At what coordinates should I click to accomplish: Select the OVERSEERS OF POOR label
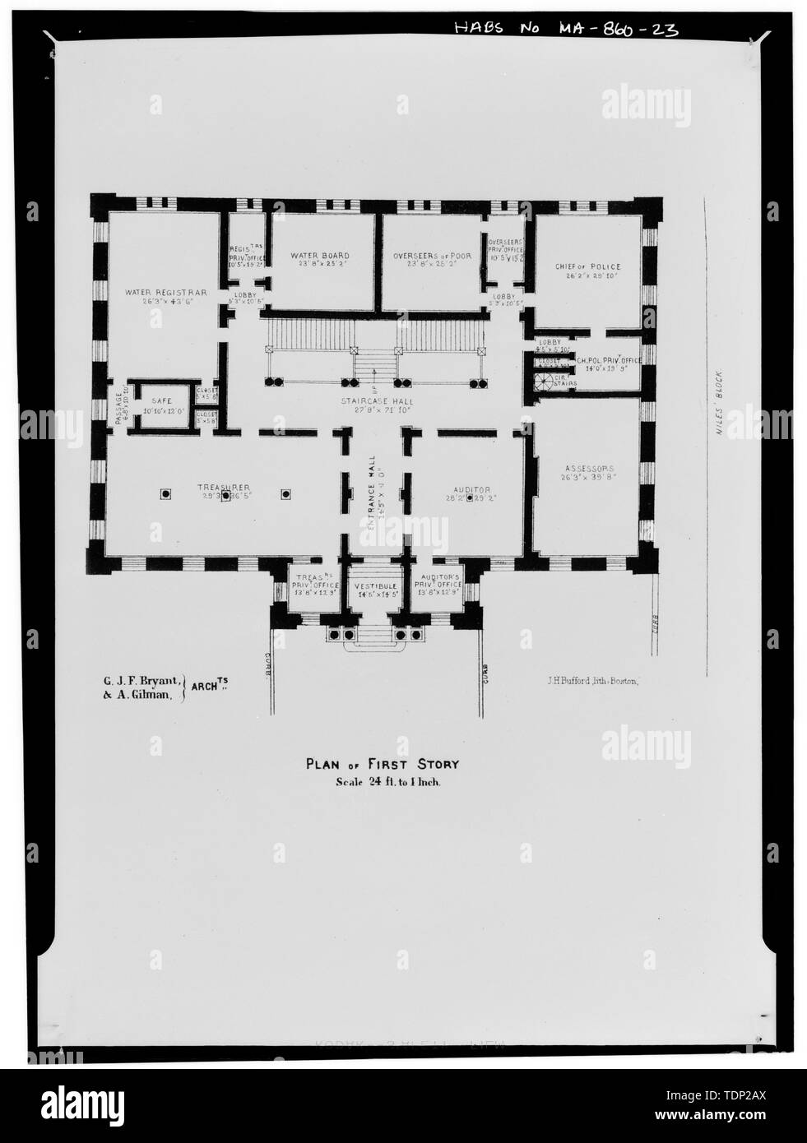(431, 256)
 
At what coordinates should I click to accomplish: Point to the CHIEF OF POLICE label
(587, 266)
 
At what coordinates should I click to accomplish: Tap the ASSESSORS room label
(587, 467)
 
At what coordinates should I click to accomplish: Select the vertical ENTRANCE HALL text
(372, 485)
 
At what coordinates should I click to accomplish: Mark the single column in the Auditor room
(470, 497)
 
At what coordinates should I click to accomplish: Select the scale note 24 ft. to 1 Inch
(377, 783)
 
